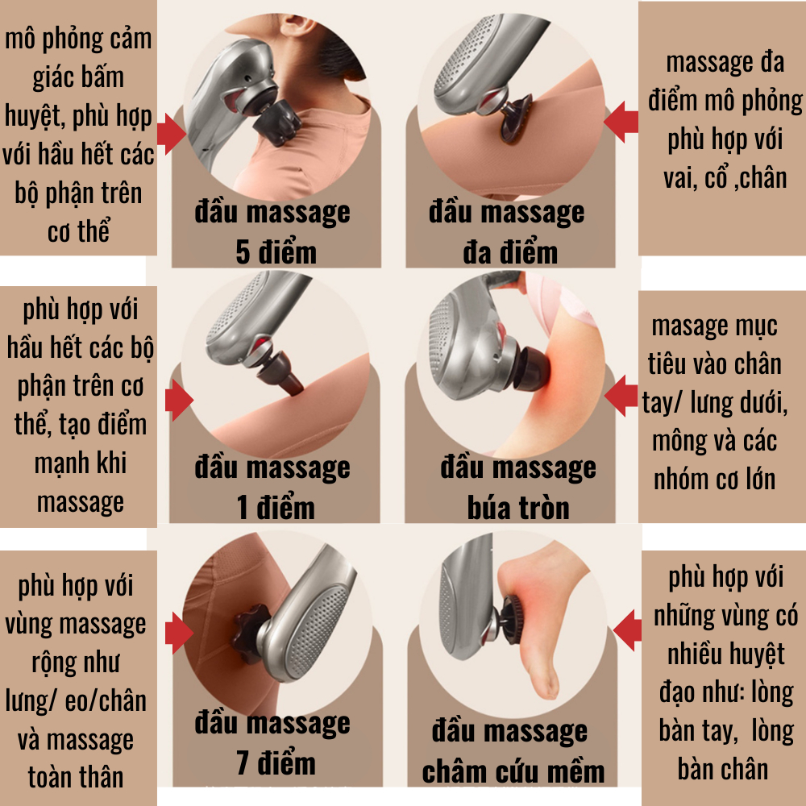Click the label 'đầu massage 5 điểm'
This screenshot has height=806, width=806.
272,232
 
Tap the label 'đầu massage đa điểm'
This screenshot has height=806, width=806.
507,232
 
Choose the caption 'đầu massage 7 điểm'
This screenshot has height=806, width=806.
272,743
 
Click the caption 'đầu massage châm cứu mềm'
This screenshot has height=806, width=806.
513,751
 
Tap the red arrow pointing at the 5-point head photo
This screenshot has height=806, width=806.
171,133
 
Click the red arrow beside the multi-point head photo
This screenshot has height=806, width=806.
621,122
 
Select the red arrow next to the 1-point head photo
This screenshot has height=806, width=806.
179,400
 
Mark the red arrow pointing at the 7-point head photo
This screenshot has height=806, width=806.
179,633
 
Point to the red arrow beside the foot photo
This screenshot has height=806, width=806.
628,630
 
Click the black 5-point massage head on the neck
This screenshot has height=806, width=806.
276,123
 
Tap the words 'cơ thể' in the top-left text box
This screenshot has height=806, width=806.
79,231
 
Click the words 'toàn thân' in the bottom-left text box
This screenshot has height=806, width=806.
76,777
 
